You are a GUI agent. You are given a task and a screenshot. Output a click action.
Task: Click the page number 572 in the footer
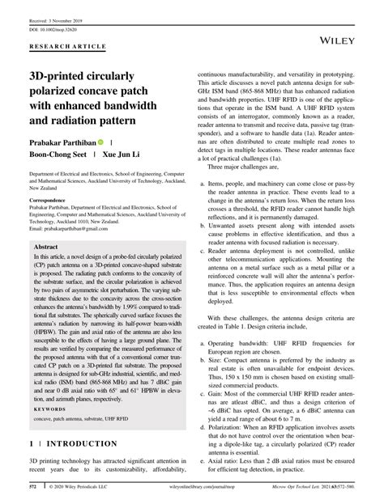pos(34,489)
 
